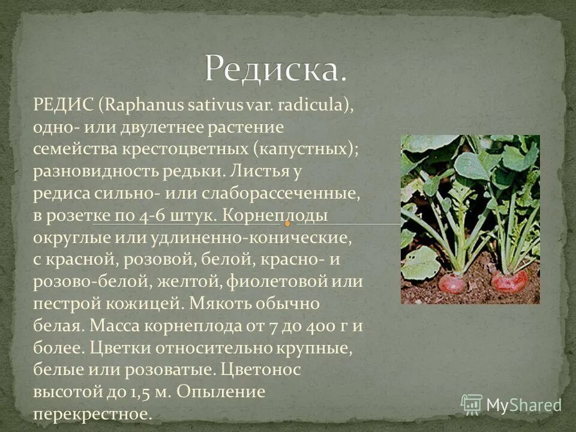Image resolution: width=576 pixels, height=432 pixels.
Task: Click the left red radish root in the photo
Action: [452, 282]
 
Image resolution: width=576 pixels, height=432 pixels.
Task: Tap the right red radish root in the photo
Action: [509, 281]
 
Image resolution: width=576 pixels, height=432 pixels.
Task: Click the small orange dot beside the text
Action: [288, 224]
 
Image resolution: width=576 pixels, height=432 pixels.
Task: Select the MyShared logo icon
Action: [471, 404]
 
